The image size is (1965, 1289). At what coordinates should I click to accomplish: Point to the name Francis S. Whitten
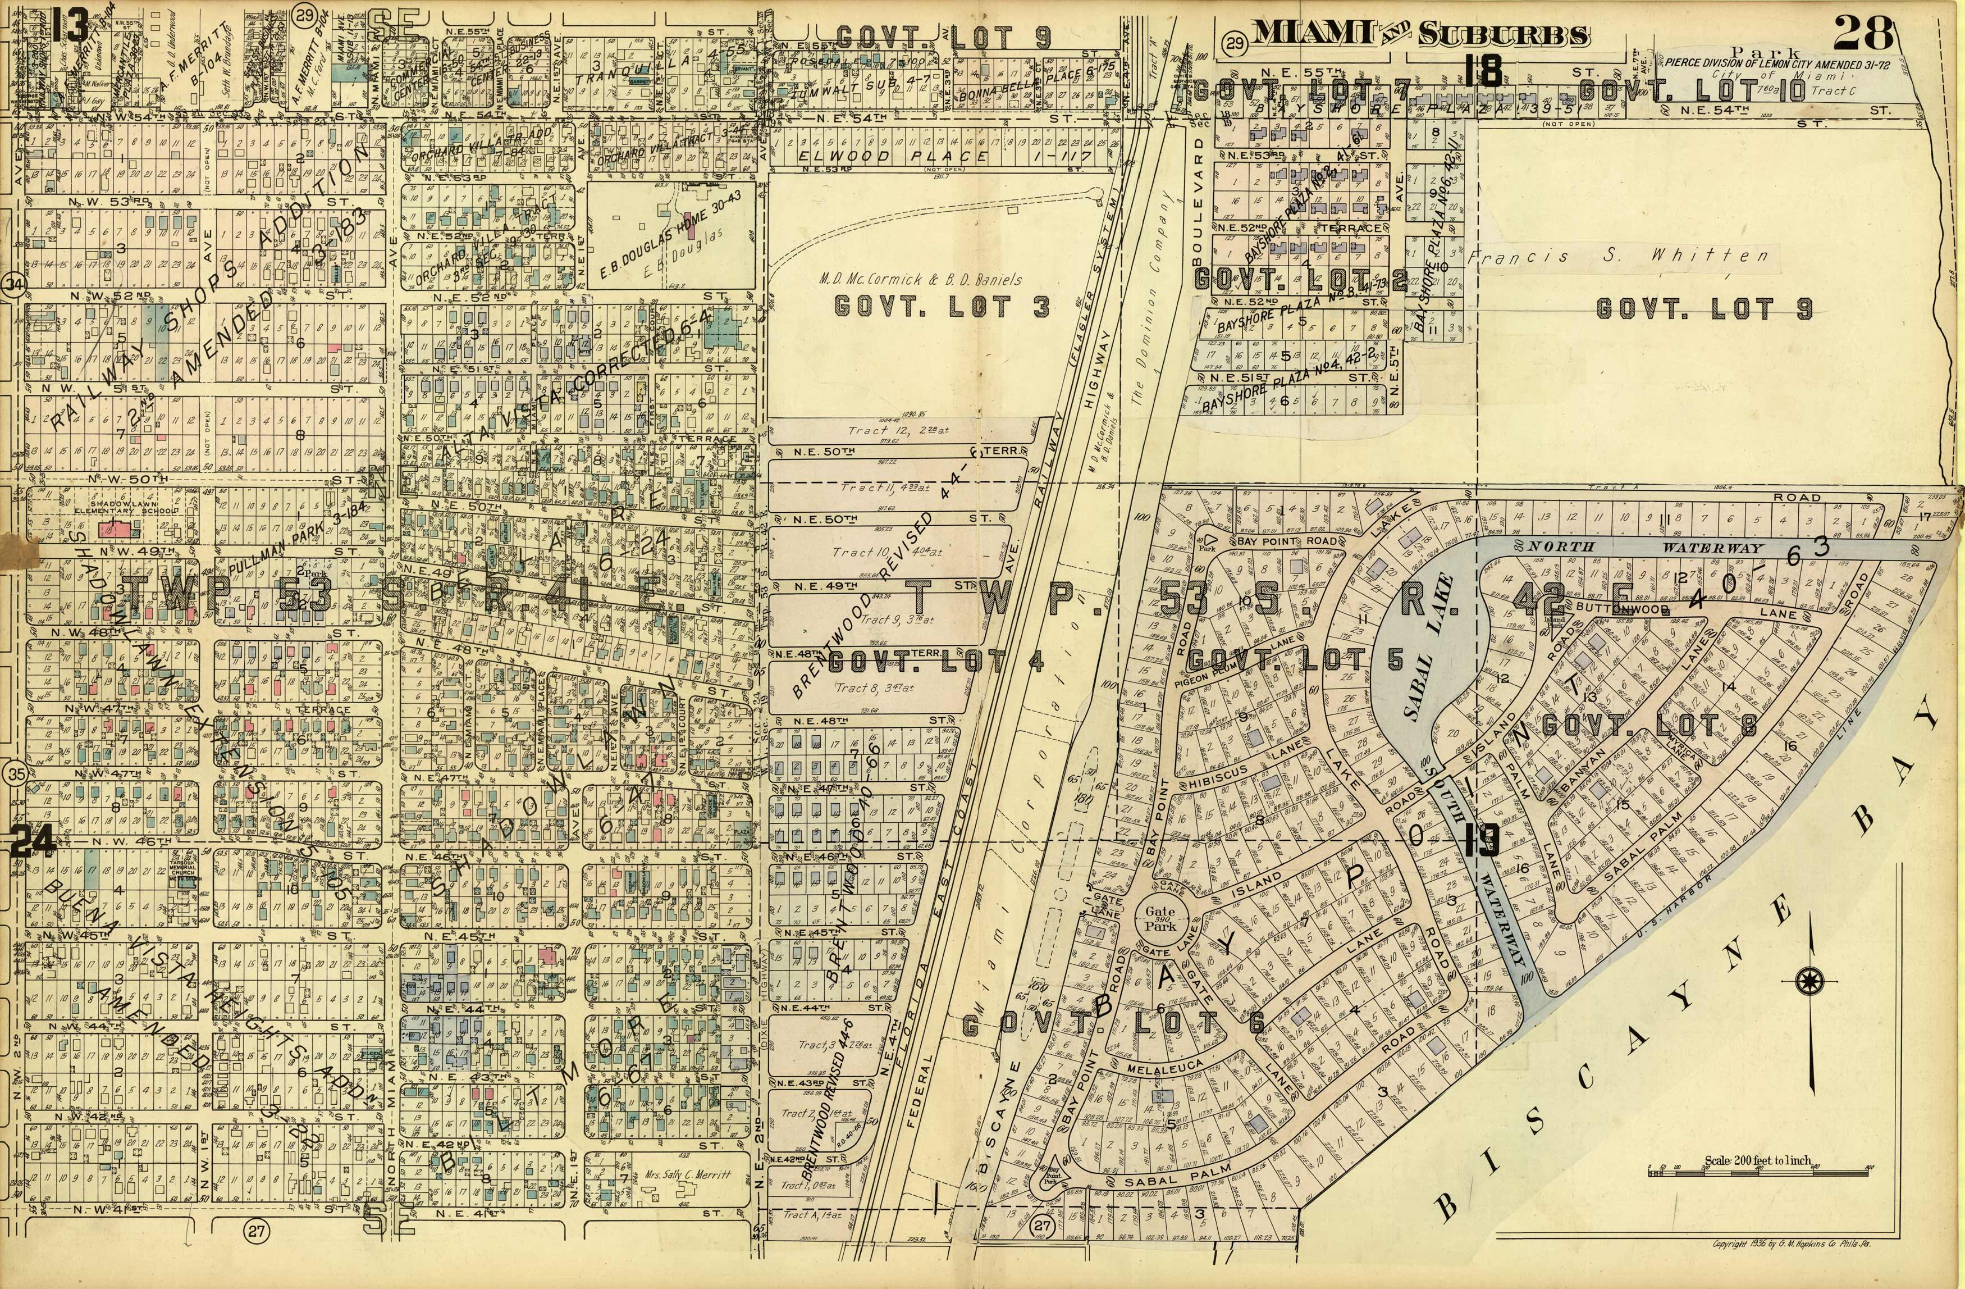click(1617, 257)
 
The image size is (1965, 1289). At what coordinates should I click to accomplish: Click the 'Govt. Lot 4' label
click(936, 662)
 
